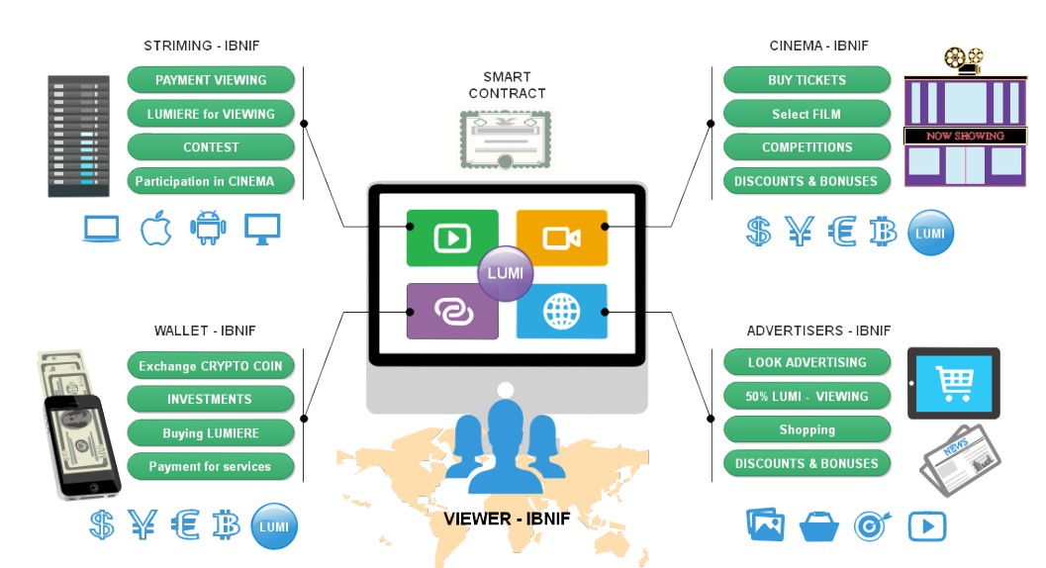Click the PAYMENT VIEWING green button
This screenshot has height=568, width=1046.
tap(211, 80)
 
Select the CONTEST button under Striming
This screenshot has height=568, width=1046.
tap(211, 147)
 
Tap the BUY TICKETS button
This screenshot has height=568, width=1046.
tap(807, 80)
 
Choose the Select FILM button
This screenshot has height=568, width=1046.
tap(807, 114)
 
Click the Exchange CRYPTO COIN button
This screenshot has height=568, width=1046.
tap(211, 366)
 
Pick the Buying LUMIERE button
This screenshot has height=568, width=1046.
tap(211, 433)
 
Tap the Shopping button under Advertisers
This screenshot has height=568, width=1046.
tap(807, 430)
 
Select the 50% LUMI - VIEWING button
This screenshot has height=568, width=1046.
tap(807, 397)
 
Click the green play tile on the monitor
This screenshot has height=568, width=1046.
tap(452, 238)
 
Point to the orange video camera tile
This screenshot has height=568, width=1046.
tap(561, 238)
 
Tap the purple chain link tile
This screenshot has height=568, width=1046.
tap(452, 312)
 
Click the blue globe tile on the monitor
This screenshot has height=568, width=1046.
tap(561, 312)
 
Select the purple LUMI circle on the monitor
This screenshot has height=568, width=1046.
tap(506, 273)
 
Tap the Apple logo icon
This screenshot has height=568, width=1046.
tap(155, 228)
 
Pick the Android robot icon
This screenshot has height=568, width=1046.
tap(208, 229)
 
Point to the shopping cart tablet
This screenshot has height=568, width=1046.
tap(954, 383)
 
